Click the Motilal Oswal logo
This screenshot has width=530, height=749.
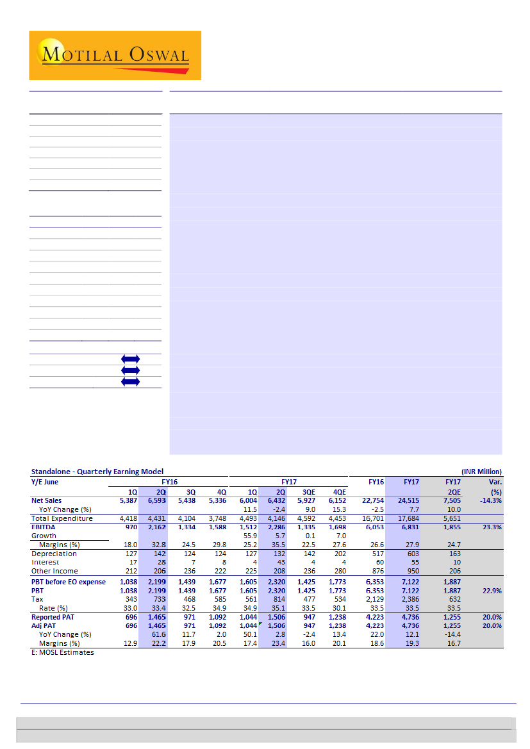pos(115,55)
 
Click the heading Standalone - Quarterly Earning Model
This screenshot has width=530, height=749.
pos(97,472)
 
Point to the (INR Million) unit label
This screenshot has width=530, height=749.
pos(481,472)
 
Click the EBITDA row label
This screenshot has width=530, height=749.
pos(44,527)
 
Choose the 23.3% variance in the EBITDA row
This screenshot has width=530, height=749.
pos(490,527)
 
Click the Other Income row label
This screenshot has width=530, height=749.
pos(54,571)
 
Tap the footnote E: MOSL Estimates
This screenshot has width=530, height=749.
pos(62,652)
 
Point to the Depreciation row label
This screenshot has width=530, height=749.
pos(54,554)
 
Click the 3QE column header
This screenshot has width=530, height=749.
pos(308,492)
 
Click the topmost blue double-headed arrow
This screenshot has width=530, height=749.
pos(130,359)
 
